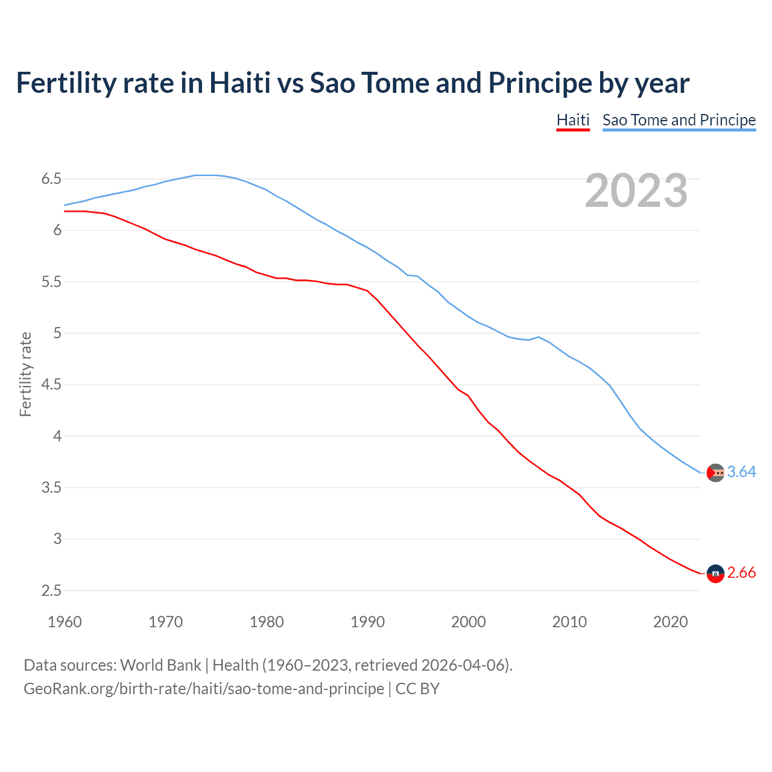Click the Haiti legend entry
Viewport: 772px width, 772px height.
(572, 120)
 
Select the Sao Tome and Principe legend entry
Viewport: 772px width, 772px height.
(679, 120)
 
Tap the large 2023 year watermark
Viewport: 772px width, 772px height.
(636, 191)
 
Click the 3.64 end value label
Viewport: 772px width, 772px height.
(741, 472)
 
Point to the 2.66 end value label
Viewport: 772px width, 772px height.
(741, 572)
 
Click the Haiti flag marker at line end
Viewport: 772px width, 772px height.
(715, 574)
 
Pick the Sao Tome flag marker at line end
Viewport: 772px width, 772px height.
(715, 473)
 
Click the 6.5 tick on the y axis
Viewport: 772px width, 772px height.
(51, 179)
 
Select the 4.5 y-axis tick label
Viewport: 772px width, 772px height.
(51, 385)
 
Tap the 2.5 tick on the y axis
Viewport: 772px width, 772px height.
(51, 591)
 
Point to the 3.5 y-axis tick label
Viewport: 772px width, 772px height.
(51, 488)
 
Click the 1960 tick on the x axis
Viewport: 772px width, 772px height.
(65, 622)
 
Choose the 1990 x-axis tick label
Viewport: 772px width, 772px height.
(367, 622)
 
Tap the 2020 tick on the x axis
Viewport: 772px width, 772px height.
(670, 622)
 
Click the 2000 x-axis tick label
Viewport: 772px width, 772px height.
(468, 622)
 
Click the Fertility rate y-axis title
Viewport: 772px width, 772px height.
(25, 374)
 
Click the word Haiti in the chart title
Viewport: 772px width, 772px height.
(239, 83)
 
